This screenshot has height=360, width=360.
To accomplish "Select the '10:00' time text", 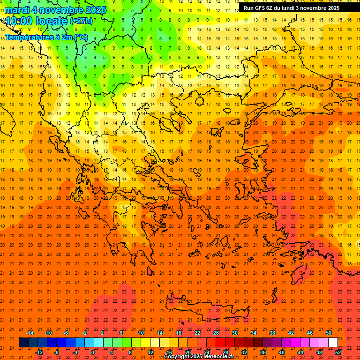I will click(x=19, y=21).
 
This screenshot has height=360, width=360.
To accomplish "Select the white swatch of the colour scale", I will click(x=333, y=343).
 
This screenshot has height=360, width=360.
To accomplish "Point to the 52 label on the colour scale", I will click(x=338, y=352).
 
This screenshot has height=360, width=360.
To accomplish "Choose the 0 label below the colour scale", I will click(x=93, y=352).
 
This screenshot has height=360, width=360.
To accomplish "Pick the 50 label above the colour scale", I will click(x=329, y=333).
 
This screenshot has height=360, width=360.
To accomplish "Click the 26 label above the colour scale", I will click(x=216, y=333).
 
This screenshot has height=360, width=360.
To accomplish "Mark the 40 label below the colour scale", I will click(x=282, y=352).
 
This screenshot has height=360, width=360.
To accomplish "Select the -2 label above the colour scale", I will click(x=84, y=333).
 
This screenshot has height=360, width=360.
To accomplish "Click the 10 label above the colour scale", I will click(x=141, y=333).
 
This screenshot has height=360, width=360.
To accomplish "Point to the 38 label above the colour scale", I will click(x=272, y=333).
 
